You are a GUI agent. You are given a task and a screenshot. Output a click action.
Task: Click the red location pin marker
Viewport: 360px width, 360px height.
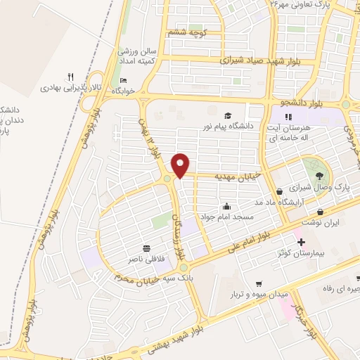tap(181, 165)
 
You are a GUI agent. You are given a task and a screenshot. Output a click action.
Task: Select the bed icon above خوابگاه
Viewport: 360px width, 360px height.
tap(124, 79)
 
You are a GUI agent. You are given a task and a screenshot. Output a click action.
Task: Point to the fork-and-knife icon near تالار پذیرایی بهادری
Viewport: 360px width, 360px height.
tap(70, 77)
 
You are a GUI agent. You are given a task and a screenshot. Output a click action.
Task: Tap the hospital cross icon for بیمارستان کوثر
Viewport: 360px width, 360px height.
tap(301, 242)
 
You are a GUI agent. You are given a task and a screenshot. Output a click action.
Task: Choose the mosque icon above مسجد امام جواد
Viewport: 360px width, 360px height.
tap(227, 207)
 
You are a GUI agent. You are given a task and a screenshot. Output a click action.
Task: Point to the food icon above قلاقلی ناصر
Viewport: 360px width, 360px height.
tap(147, 248)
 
